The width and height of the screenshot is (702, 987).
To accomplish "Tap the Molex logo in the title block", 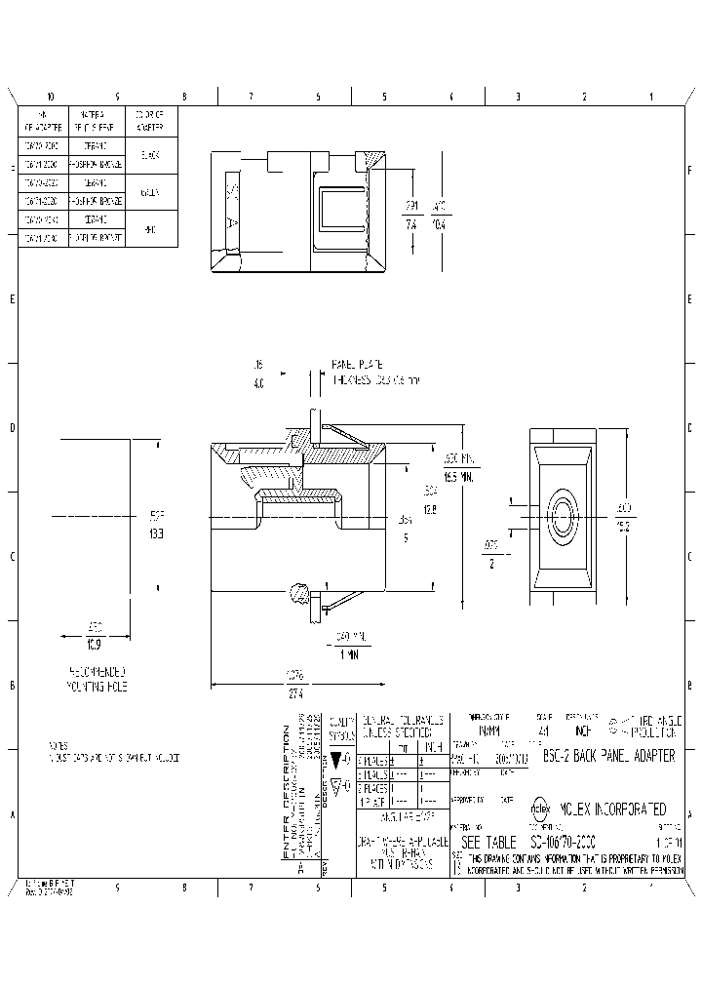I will (x=540, y=809).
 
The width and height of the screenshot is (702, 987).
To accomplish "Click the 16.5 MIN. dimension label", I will (x=459, y=468).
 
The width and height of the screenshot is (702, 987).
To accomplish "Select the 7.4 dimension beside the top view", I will (x=411, y=223).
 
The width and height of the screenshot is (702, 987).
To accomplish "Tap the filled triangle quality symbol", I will (x=336, y=758).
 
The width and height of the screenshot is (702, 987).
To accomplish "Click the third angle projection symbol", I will (x=616, y=725).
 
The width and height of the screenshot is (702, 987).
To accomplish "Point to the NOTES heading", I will (x=58, y=746).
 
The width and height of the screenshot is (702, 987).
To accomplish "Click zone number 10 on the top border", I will (x=50, y=97).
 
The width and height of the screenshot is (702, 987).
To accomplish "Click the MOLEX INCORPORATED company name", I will (x=611, y=809).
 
